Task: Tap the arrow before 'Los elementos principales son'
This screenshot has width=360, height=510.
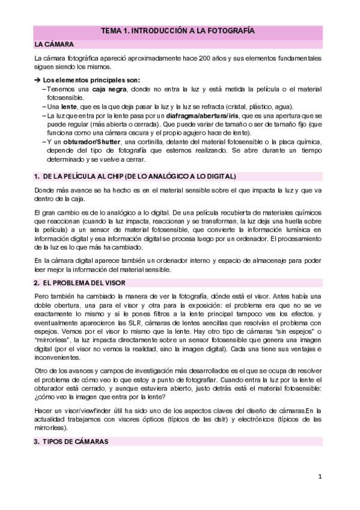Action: [x=37, y=80]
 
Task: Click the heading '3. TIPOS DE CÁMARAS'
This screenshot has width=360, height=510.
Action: [x=71, y=441]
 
